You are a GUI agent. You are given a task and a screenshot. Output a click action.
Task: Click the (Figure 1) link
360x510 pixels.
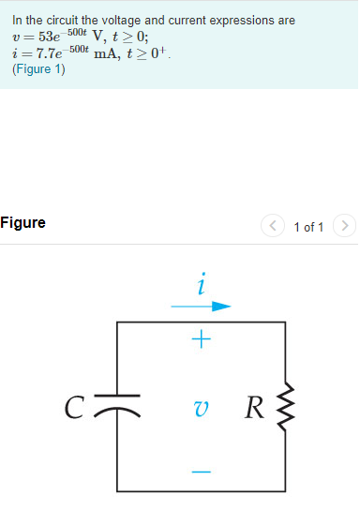pyautogui.click(x=38, y=69)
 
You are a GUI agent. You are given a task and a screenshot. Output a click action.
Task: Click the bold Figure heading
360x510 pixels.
pyautogui.click(x=22, y=223)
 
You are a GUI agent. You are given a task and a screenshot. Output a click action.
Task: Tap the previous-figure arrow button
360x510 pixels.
pyautogui.click(x=273, y=226)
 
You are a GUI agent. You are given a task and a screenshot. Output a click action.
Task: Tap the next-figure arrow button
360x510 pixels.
pyautogui.click(x=345, y=226)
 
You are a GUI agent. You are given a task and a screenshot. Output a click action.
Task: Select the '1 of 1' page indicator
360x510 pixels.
pyautogui.click(x=308, y=227)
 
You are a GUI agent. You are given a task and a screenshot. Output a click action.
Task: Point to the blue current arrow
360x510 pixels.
pyautogui.click(x=201, y=306)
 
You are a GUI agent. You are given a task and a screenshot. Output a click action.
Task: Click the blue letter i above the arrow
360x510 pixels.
pyautogui.click(x=202, y=282)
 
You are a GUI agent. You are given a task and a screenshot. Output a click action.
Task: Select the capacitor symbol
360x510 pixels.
pyautogui.click(x=118, y=406)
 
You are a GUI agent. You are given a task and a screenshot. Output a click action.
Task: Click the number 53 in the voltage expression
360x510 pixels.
pyautogui.click(x=48, y=37)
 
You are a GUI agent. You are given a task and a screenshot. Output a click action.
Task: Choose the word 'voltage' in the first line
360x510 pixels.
pyautogui.click(x=123, y=20)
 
